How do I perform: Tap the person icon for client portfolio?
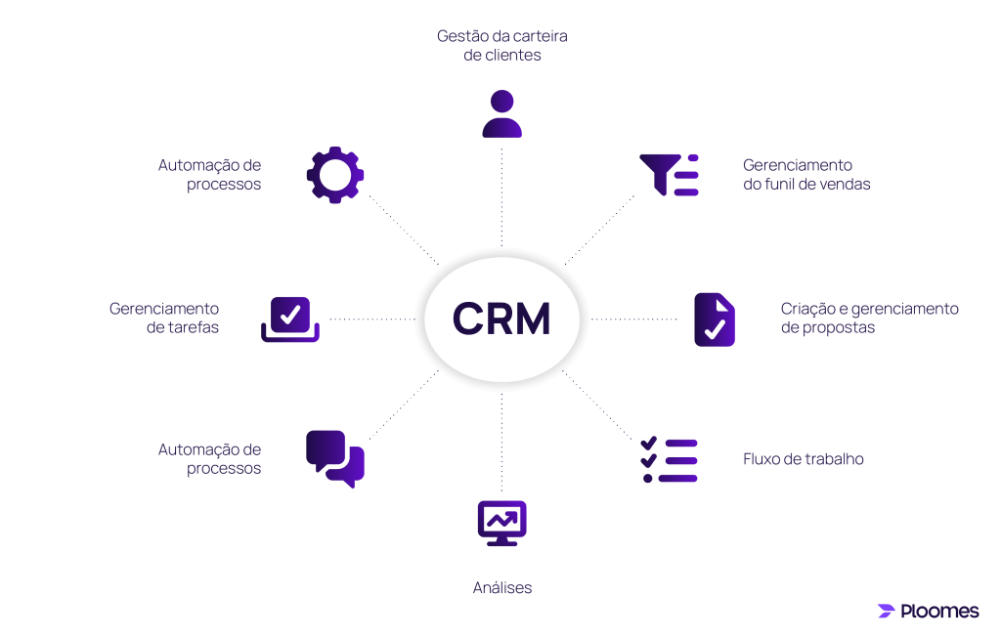(502, 113)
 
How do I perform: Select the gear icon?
(335, 176)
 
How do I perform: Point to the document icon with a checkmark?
(715, 319)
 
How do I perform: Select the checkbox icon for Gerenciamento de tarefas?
(290, 319)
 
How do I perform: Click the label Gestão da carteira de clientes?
(502, 46)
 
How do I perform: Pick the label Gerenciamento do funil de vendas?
(805, 175)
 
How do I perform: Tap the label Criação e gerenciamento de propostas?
(869, 319)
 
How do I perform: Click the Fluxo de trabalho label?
(804, 459)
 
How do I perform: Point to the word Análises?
(501, 588)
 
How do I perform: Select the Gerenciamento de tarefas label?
(164, 319)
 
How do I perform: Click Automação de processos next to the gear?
(210, 175)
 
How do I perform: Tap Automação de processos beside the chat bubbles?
(210, 459)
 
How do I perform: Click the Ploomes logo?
(928, 612)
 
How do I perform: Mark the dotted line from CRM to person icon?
(501, 195)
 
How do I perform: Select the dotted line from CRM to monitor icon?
(501, 440)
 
